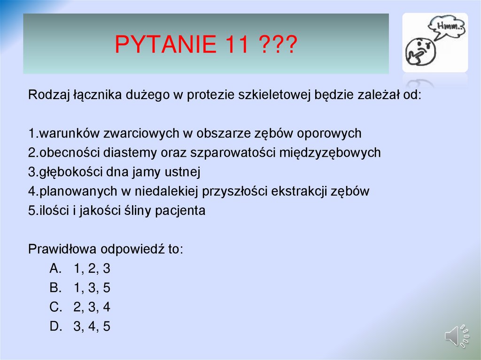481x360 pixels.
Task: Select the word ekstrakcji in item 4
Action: click(300, 191)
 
